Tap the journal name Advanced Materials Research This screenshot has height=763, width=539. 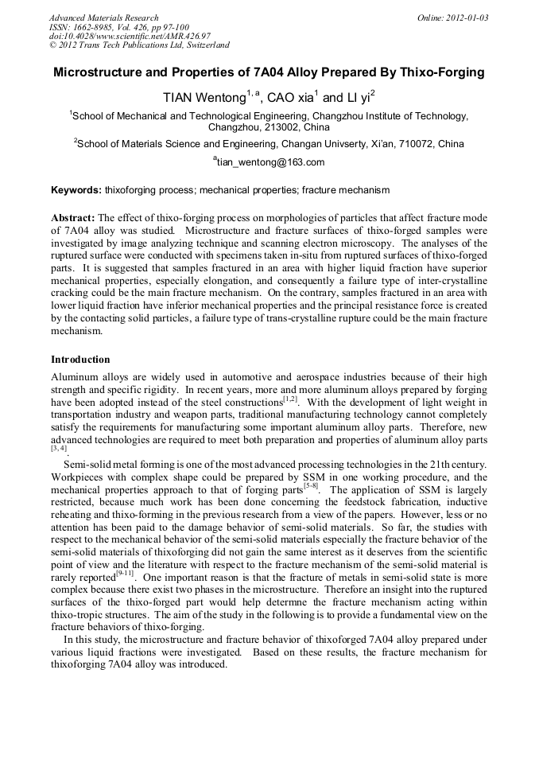pos(103,18)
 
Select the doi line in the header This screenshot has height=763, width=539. pos(130,36)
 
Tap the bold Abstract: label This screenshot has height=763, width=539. pos(73,218)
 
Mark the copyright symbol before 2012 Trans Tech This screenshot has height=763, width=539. pos(53,45)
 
